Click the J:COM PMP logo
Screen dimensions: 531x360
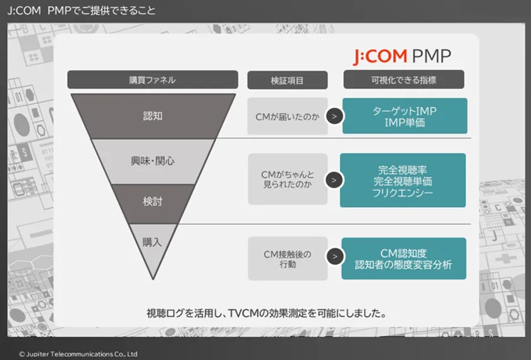tap(402, 56)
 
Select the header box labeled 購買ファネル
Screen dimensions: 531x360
tap(153, 80)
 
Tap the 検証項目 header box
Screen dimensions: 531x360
tap(288, 80)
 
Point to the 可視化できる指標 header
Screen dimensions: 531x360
tap(404, 80)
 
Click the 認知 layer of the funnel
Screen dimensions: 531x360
tap(153, 116)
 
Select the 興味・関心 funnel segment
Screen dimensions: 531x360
tap(153, 162)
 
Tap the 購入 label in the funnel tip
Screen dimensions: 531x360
tap(152, 243)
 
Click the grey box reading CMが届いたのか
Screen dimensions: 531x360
tap(288, 116)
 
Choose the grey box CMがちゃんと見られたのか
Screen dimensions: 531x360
tap(288, 179)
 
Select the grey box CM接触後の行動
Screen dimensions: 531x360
tap(288, 258)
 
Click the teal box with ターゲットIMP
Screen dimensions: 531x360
tap(405, 116)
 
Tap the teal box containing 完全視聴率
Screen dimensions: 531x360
tap(403, 181)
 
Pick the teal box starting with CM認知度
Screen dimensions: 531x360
tap(404, 258)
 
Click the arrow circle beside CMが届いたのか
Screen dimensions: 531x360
tap(334, 116)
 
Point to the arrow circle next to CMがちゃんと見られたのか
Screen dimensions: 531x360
tap(334, 180)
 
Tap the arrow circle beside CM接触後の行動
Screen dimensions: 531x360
tap(335, 256)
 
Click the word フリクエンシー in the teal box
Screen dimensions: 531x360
tap(403, 193)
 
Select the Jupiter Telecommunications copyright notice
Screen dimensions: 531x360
tap(78, 354)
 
